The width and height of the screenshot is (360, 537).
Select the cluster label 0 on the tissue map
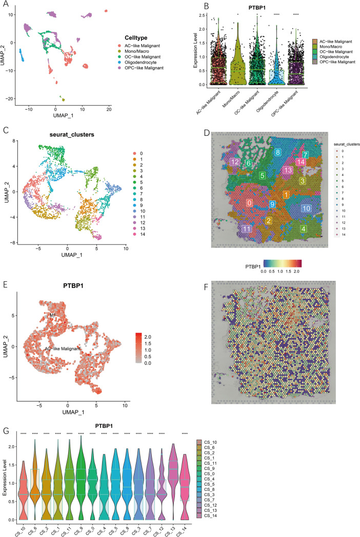(x=249, y=203)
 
